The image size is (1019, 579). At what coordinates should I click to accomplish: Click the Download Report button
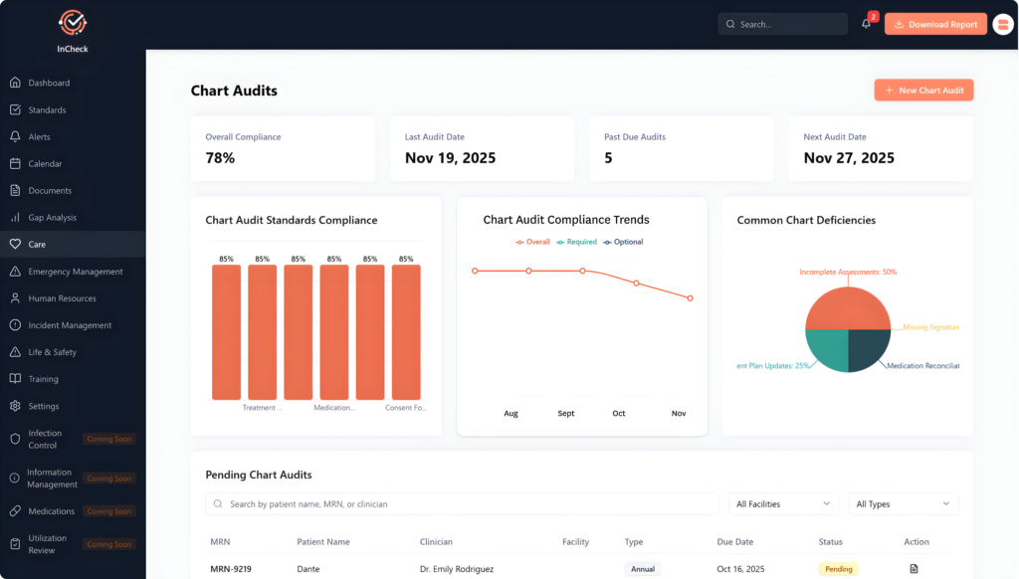(x=934, y=24)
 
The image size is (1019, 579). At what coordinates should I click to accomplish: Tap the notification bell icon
(x=866, y=24)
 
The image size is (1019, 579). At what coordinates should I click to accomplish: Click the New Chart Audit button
(x=923, y=91)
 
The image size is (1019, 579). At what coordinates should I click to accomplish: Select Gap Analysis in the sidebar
(x=52, y=217)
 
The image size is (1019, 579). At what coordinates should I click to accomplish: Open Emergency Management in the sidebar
(x=75, y=272)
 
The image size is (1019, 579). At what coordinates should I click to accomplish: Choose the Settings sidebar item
(x=43, y=406)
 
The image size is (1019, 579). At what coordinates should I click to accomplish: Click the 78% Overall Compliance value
(x=220, y=158)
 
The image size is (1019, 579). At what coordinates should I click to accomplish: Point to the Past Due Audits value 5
(x=608, y=158)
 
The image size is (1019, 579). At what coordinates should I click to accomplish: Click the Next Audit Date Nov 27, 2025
(x=849, y=158)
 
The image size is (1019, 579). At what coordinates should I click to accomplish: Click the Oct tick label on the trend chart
(x=619, y=413)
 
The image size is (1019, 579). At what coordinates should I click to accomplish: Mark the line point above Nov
(x=690, y=297)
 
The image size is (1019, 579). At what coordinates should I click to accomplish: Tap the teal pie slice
(x=827, y=349)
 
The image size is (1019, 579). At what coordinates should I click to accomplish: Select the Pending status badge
(x=838, y=569)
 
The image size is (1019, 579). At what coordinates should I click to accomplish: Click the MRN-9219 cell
(x=230, y=569)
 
